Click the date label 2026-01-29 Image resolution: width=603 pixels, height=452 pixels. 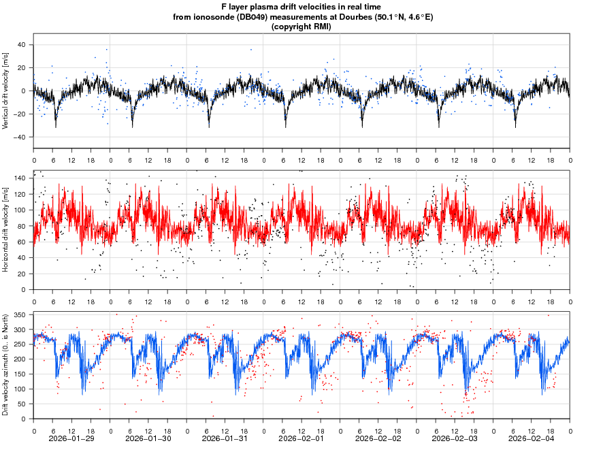click(72, 439)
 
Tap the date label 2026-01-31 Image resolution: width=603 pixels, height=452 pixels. click(225, 439)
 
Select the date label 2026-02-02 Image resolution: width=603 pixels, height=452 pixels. click(379, 439)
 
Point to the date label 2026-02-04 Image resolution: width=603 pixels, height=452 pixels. click(532, 439)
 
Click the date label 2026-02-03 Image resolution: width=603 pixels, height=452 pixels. click(455, 439)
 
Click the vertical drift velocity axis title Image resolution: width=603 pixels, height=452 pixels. click(6, 91)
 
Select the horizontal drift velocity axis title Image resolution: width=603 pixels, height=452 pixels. click(6, 230)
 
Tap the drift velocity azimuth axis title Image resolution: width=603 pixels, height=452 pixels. click(6, 366)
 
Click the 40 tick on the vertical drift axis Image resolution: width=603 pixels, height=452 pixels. click(20, 45)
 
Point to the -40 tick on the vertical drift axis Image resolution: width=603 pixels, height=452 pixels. click(19, 137)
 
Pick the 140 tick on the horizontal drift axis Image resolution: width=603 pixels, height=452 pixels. click(18, 178)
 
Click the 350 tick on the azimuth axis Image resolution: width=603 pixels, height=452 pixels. click(18, 315)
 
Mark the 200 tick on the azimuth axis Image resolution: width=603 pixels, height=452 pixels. click(18, 359)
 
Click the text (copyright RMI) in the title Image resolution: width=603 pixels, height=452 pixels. click(301, 27)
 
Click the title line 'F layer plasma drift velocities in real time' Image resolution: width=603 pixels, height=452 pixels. click(301, 7)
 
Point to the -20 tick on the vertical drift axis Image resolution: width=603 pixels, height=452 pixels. click(19, 114)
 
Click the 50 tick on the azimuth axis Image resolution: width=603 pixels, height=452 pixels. click(20, 404)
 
